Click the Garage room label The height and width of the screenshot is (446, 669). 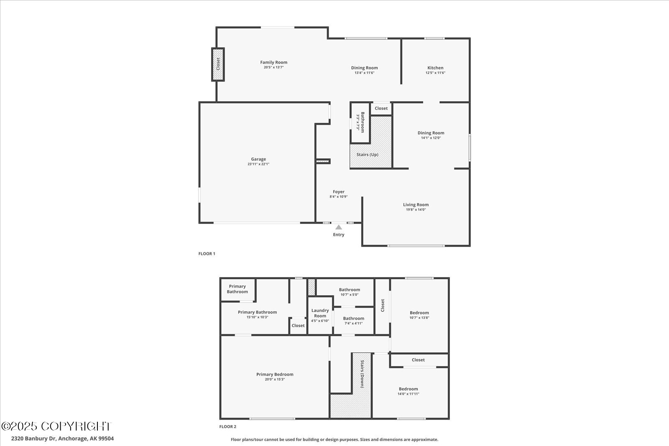click(x=258, y=159)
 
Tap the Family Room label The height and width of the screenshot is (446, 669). click(x=274, y=62)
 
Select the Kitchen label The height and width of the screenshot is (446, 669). click(x=435, y=68)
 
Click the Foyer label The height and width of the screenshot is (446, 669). click(x=339, y=192)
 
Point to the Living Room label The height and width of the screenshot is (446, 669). click(x=416, y=205)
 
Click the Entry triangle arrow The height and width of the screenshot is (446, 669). click(x=339, y=227)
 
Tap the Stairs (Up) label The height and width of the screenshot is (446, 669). click(x=367, y=155)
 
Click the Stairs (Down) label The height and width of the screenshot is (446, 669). click(x=362, y=374)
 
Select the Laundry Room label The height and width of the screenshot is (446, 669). click(x=320, y=313)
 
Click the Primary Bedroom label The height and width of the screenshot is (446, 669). click(x=275, y=375)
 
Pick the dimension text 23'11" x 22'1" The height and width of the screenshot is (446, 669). click(x=258, y=164)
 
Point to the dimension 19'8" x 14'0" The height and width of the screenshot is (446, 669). click(x=416, y=210)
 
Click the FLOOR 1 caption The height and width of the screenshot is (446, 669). click(x=207, y=254)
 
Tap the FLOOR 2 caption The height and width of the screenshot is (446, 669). click(x=228, y=427)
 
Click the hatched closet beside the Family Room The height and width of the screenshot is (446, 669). click(x=218, y=64)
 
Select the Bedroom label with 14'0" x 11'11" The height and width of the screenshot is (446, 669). click(x=408, y=389)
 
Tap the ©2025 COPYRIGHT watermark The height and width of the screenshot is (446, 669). click(x=56, y=426)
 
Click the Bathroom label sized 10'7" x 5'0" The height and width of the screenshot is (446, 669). click(x=350, y=290)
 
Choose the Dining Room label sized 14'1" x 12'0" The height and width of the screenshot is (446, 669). click(x=431, y=133)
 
